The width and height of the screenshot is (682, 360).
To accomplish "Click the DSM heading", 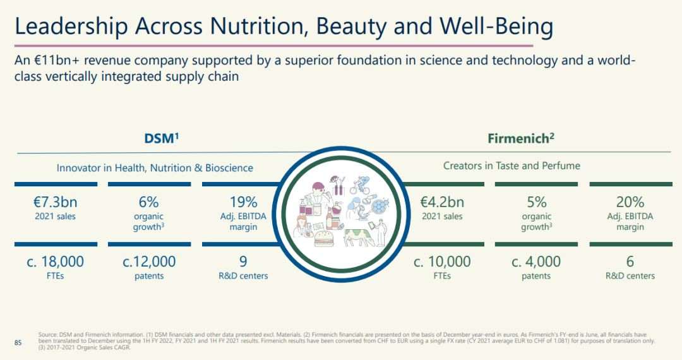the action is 162,138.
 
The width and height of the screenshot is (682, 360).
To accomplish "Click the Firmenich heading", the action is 520,138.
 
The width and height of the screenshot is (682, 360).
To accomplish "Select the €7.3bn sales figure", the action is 55,202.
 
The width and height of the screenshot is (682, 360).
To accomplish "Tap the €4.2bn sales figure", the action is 442,202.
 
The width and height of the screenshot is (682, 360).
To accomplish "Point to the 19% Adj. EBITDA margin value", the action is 244,202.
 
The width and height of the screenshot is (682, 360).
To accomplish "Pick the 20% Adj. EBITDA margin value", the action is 630,202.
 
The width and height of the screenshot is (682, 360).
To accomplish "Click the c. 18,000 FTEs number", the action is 55,261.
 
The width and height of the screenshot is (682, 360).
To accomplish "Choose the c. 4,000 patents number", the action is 536,261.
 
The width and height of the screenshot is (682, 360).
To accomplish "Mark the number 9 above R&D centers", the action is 243,261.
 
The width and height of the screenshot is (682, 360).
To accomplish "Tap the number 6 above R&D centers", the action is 630,261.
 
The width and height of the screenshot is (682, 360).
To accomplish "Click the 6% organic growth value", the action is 149,202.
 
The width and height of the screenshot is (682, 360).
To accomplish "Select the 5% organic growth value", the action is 536,202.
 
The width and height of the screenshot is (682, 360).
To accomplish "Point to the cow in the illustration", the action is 359,236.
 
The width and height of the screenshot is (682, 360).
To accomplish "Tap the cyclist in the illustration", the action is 361,185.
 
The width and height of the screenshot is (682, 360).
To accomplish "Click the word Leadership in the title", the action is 71,27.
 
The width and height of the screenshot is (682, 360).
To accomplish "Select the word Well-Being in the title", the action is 496,27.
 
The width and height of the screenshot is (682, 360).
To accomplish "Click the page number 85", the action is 18,342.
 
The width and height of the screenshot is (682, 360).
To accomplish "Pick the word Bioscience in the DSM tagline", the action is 229,168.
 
